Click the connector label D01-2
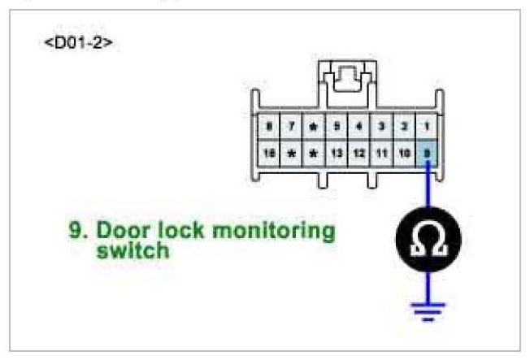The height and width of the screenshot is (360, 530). (78, 41)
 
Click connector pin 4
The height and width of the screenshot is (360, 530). (358, 127)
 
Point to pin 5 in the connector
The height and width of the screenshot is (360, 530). (336, 127)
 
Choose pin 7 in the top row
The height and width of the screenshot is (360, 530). (290, 127)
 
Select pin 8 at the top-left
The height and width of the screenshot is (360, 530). (267, 127)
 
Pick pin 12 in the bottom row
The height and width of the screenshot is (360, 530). (358, 152)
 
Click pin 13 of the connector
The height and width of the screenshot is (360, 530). (336, 152)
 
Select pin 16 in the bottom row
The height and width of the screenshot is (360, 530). (267, 152)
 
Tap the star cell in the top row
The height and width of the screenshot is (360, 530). (313, 127)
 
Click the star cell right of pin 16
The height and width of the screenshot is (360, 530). (290, 152)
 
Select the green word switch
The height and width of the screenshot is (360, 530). (132, 251)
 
